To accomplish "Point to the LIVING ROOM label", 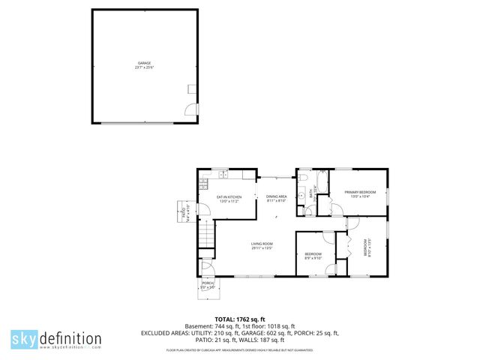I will [x=262, y=244].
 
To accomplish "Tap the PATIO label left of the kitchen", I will [x=182, y=213].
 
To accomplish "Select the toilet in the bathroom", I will [x=309, y=211].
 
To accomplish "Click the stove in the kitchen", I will [x=202, y=184].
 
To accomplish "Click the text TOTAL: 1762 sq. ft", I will [x=239, y=318].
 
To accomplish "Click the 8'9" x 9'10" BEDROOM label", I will [x=313, y=256].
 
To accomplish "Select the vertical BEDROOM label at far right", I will [x=367, y=247].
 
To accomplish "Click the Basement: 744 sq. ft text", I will [x=197, y=325].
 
